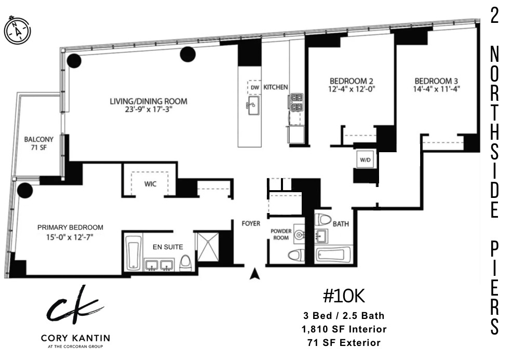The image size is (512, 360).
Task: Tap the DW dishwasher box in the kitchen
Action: tap(254, 87)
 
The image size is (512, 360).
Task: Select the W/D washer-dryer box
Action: tap(363, 160)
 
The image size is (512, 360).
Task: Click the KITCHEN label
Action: tap(275, 87)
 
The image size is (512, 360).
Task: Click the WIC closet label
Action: tap(151, 184)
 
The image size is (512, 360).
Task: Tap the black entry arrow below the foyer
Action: tap(254, 274)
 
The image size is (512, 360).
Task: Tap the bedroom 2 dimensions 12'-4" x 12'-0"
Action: tap(352, 89)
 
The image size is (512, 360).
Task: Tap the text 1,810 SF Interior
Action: tap(344, 329)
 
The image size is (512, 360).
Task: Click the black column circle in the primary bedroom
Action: tap(24, 190)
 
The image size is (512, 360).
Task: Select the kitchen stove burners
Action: tap(297, 102)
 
